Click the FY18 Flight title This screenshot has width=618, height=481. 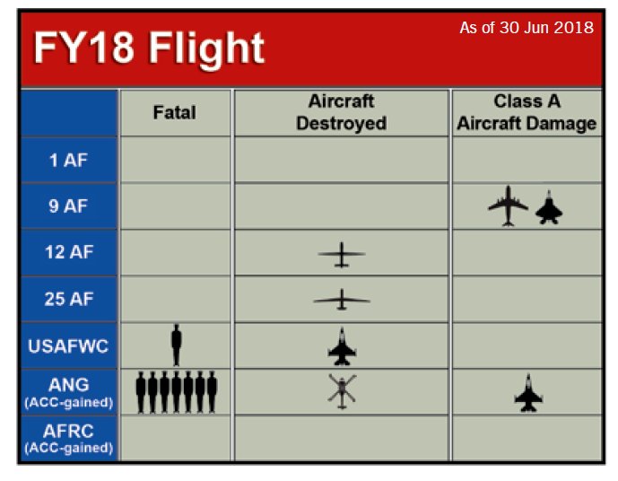click(149, 48)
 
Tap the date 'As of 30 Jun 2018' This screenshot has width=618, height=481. click(527, 28)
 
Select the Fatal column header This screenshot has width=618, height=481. click(174, 113)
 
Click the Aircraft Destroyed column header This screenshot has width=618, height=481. click(342, 112)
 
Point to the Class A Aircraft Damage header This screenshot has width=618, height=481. click(527, 112)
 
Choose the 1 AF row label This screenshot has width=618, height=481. click(68, 160)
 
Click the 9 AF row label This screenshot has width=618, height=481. click(68, 206)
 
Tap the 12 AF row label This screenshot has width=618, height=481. click(69, 252)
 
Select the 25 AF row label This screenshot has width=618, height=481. click(69, 299)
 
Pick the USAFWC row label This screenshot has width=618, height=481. click(68, 346)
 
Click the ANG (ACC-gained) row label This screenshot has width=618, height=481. click(69, 392)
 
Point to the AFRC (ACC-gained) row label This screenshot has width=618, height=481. click(69, 438)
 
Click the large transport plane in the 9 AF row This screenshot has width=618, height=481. click(508, 206)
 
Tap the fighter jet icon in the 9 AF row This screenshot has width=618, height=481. click(549, 207)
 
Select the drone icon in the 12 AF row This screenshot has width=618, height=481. click(342, 254)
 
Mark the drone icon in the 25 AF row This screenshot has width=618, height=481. click(342, 300)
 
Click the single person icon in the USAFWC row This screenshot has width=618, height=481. click(177, 345)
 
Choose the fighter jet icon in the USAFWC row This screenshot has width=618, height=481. click(342, 347)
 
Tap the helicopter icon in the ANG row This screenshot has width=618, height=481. click(342, 391)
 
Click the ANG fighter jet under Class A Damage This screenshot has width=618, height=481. click(528, 393)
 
